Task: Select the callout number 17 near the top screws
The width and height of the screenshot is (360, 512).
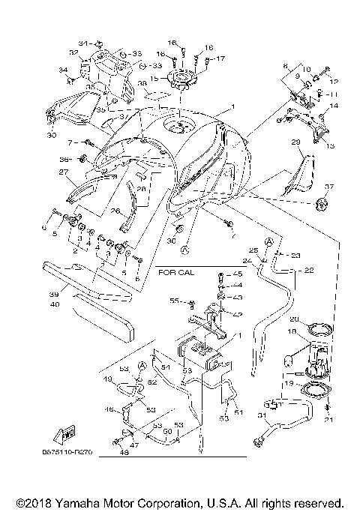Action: tap(220, 58)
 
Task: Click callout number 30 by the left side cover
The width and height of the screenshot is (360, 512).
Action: tap(52, 136)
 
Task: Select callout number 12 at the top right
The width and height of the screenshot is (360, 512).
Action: tap(334, 81)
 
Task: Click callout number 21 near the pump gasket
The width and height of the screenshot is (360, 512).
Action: tap(328, 420)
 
